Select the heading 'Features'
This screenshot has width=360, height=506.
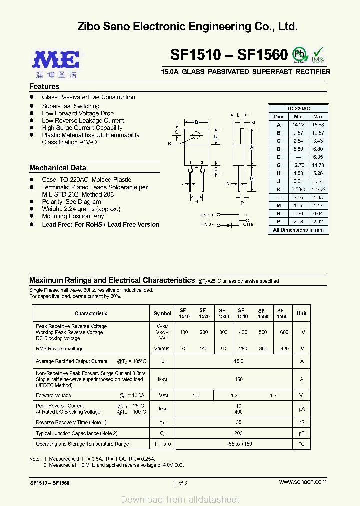pyautogui.click(x=44, y=86)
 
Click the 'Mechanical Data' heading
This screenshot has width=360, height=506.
pyautogui.click(x=57, y=168)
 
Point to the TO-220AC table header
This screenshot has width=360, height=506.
pyautogui.click(x=298, y=109)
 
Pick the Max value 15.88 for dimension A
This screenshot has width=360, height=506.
pyautogui.click(x=318, y=124)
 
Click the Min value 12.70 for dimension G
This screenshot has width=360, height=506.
pyautogui.click(x=298, y=165)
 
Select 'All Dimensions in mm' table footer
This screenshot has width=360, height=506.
pyautogui.click(x=298, y=230)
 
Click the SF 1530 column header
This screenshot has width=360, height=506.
pyautogui.click(x=223, y=313)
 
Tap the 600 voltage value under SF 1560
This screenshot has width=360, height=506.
pyautogui.click(x=284, y=332)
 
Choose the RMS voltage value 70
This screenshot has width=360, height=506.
pyautogui.click(x=184, y=349)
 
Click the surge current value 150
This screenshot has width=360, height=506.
pyautogui.click(x=239, y=379)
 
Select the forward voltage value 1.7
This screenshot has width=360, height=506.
pyautogui.click(x=273, y=396)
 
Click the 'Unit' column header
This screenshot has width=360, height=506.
pyautogui.click(x=301, y=313)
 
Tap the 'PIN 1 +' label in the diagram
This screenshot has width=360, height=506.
pyautogui.click(x=207, y=215)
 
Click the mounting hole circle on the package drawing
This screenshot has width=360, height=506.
pyautogui.click(x=196, y=134)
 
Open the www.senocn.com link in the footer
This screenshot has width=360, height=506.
pyautogui.click(x=303, y=482)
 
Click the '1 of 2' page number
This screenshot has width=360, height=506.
pyautogui.click(x=180, y=483)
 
